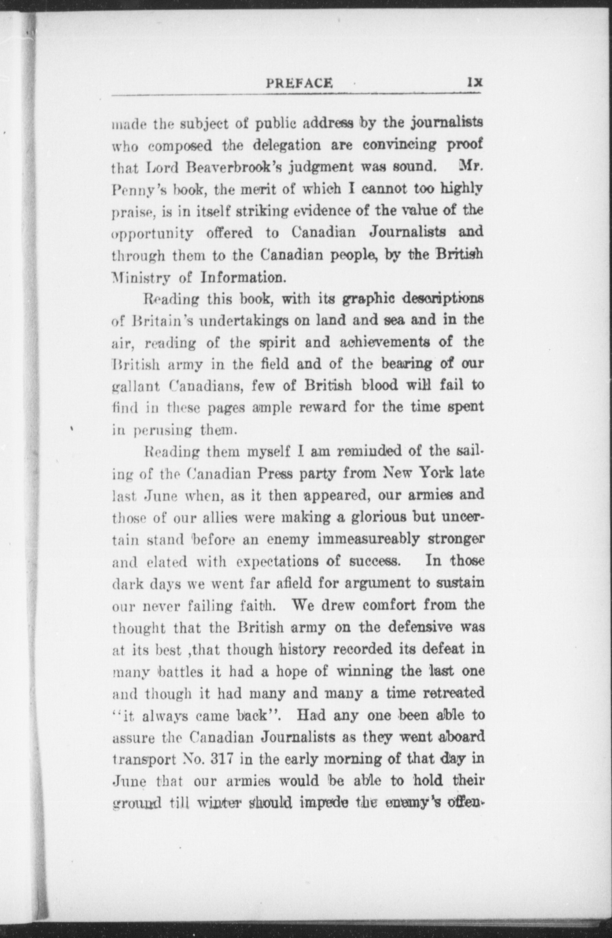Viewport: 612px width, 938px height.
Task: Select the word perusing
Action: point(162,431)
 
